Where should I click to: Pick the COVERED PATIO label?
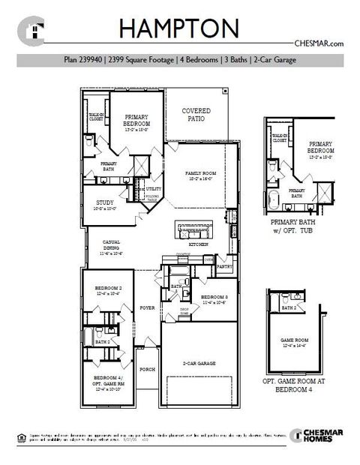pyautogui.click(x=196, y=114)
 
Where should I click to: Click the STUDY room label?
pyautogui.click(x=104, y=202)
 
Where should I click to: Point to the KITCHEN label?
pyautogui.click(x=198, y=245)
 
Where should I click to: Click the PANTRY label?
pyautogui.click(x=224, y=265)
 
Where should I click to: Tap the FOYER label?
pyautogui.click(x=146, y=307)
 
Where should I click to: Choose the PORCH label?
pyautogui.click(x=147, y=369)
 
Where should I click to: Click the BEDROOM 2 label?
pyautogui.click(x=108, y=289)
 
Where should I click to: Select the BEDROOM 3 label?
pyautogui.click(x=214, y=296)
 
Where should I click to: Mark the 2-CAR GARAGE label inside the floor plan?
pyautogui.click(x=199, y=363)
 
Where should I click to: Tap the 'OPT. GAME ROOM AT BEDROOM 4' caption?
pyautogui.click(x=298, y=385)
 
